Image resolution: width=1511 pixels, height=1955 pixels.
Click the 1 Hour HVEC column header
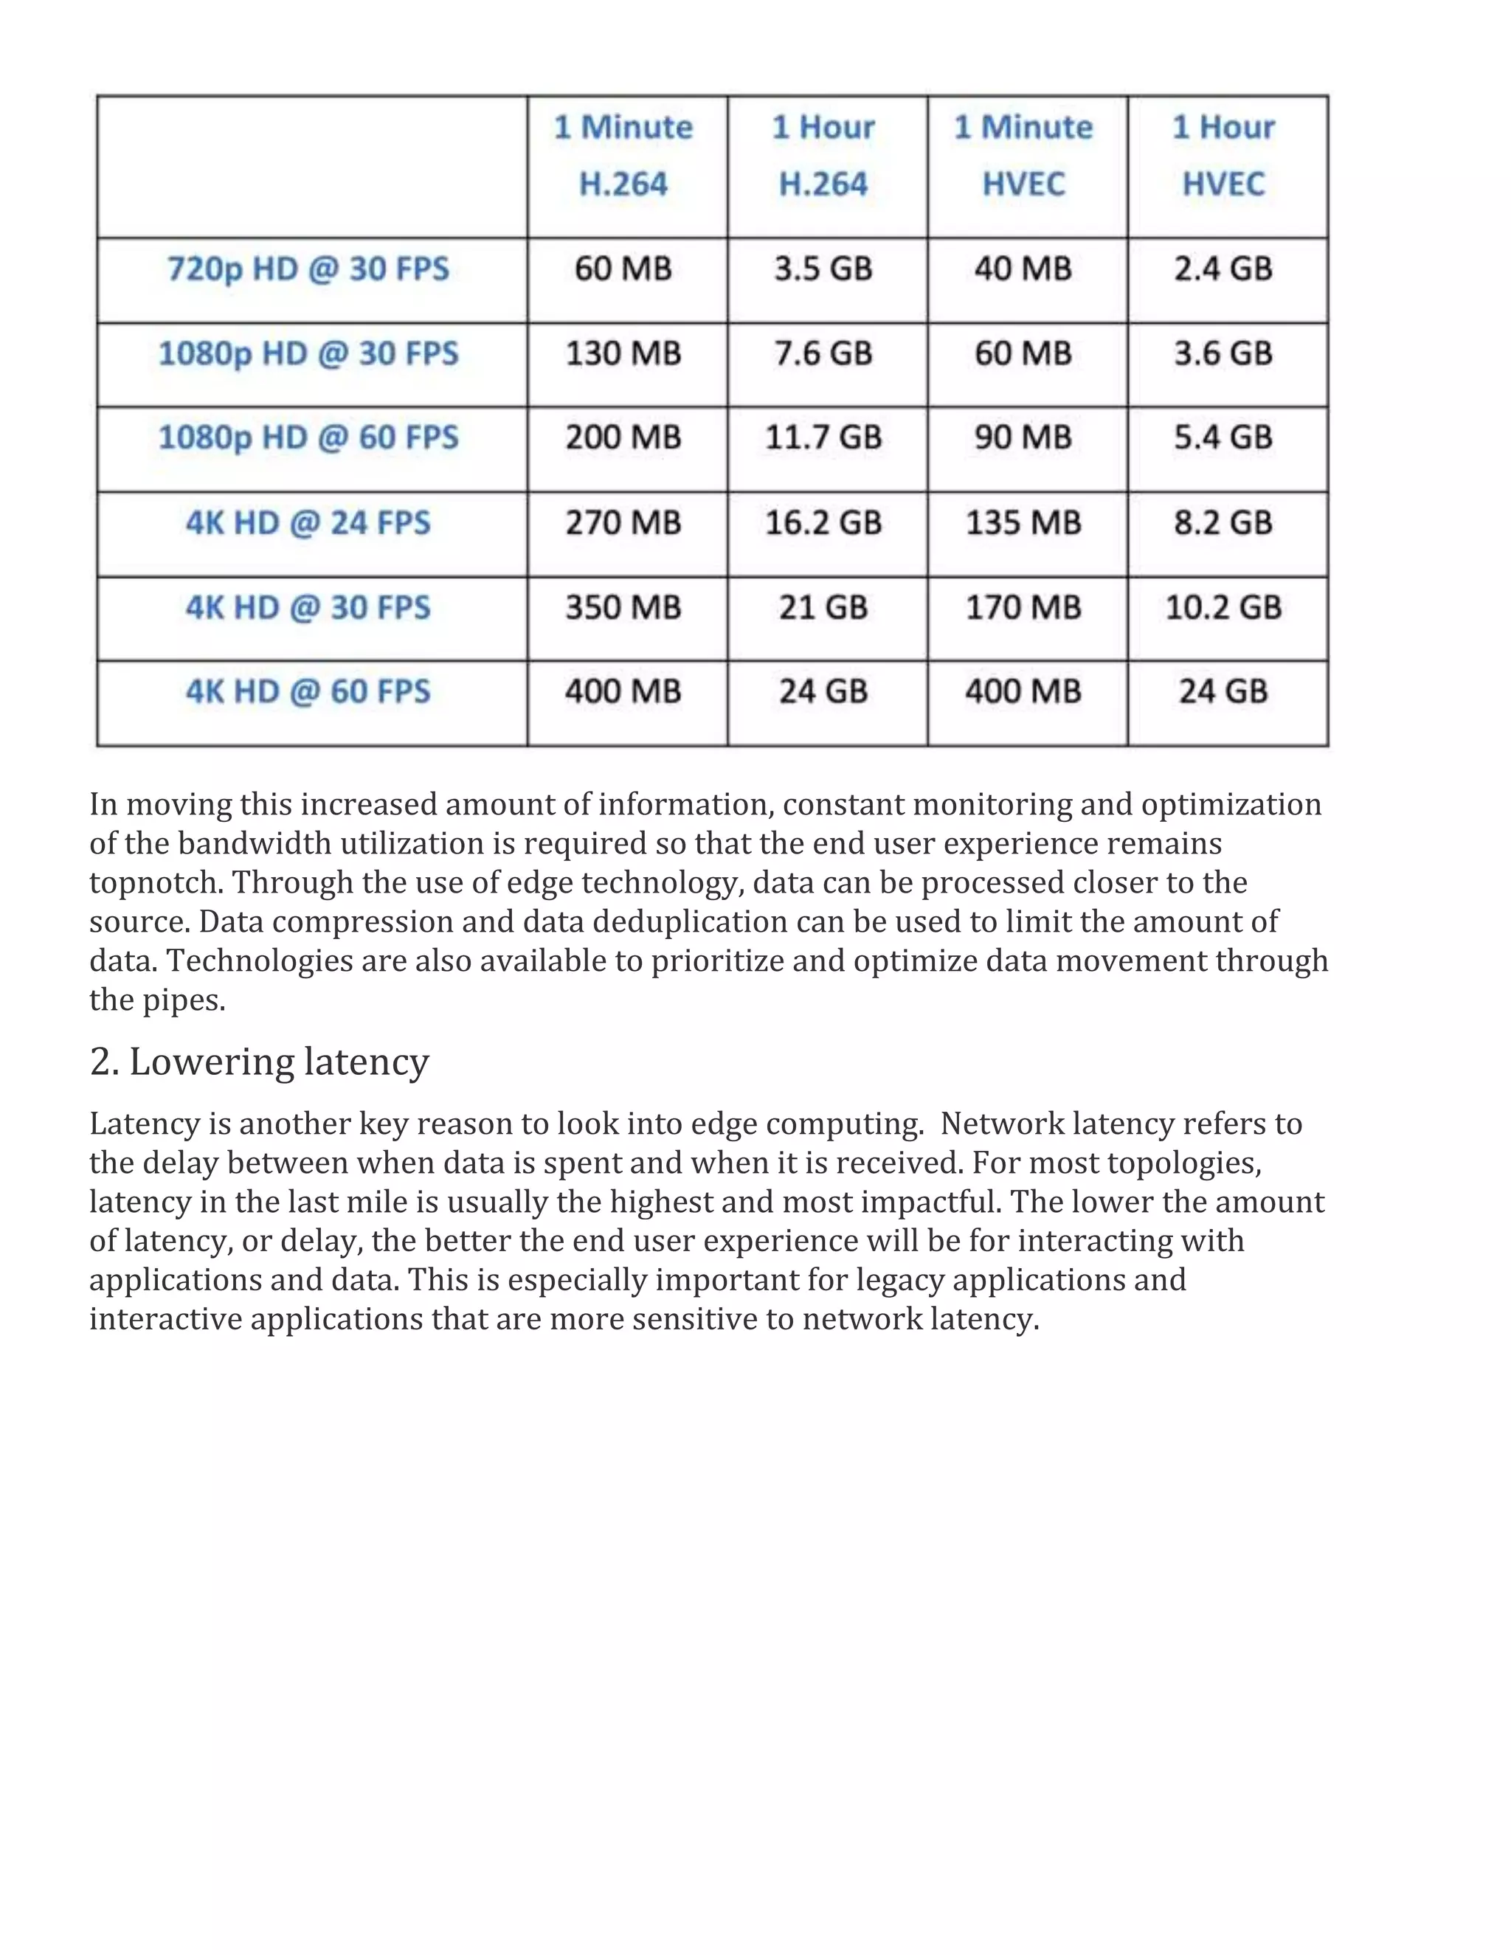coord(1224,156)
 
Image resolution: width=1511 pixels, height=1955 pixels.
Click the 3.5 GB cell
coord(823,269)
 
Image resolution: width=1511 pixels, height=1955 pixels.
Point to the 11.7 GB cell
coord(823,437)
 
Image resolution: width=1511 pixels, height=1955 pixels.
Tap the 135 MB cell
coord(1023,523)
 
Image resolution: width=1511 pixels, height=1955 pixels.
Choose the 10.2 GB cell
coord(1224,608)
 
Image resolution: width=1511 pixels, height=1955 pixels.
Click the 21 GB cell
coord(823,608)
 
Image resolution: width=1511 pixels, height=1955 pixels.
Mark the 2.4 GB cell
coord(1224,269)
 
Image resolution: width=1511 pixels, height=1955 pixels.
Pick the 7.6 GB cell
coord(823,353)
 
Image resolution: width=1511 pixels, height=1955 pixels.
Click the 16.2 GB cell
coord(823,523)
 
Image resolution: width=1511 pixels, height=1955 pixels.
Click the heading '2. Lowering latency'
coord(260,1062)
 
